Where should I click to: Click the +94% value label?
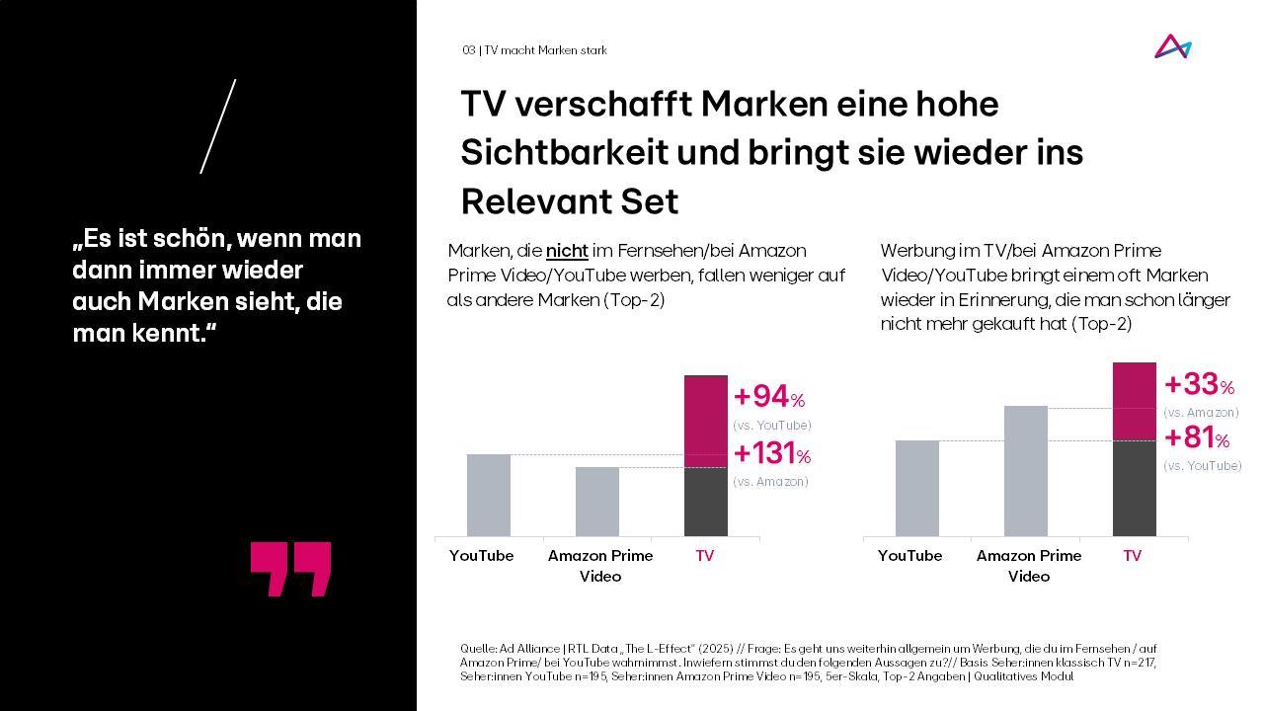tap(768, 397)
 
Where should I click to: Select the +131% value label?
tap(771, 453)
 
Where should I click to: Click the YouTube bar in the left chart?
tap(489, 495)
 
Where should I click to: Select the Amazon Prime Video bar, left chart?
tap(597, 502)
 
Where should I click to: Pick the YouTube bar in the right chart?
tap(917, 488)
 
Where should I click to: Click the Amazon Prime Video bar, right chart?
tap(1026, 471)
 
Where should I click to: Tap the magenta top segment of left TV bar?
tap(706, 422)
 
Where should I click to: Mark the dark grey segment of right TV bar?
tap(1135, 488)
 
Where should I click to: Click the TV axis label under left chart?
tap(704, 556)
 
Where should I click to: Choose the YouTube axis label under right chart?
tap(909, 556)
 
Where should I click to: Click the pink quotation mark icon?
tap(290, 569)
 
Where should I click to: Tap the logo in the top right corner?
tap(1173, 47)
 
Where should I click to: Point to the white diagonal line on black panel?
tap(218, 126)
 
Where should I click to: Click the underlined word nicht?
tap(567, 251)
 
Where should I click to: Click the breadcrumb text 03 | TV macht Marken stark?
tap(534, 50)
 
